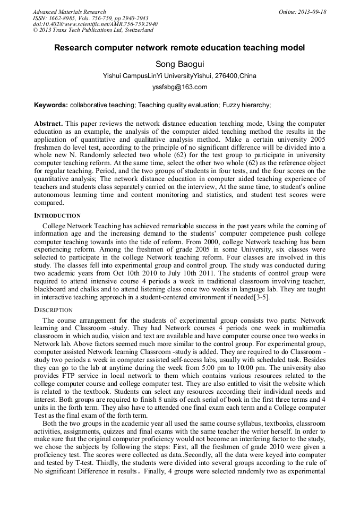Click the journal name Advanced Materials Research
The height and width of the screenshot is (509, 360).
(69, 12)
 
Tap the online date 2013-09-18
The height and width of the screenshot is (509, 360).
(303, 12)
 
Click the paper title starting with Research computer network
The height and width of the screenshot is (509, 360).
(179, 48)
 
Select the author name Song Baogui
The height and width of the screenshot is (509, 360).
(179, 64)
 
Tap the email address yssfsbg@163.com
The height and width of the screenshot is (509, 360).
(179, 87)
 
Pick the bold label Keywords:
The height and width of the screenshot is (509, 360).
(51, 105)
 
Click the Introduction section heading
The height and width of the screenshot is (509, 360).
(57, 215)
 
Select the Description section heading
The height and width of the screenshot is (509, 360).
(54, 309)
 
